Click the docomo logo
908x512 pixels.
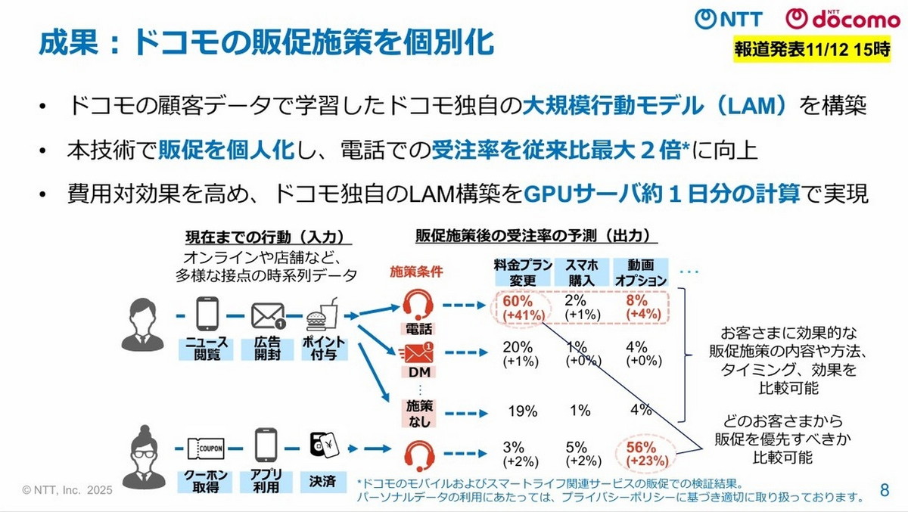[x=833, y=19]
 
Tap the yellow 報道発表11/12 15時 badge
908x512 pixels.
[x=811, y=51]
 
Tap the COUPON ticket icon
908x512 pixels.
[x=206, y=448]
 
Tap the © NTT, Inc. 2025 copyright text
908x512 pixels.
[x=67, y=490]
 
